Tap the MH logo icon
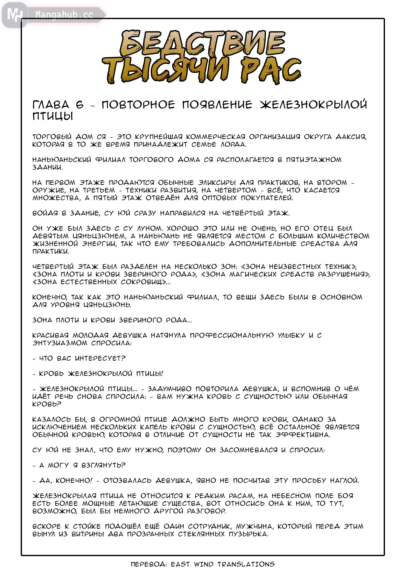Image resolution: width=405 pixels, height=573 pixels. (15, 15)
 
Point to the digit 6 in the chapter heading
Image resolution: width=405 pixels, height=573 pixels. (80, 105)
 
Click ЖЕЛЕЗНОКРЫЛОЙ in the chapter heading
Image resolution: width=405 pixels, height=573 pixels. (313, 105)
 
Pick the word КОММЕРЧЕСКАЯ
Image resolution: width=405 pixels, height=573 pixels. (215, 137)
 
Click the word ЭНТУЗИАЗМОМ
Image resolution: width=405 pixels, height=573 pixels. (60, 343)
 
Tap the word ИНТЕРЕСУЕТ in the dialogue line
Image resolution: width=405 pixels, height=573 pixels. (100, 358)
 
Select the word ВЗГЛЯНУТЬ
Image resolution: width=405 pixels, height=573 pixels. (103, 465)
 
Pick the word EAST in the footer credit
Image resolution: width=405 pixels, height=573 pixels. (180, 564)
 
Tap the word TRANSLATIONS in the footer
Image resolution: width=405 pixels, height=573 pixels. (246, 564)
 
